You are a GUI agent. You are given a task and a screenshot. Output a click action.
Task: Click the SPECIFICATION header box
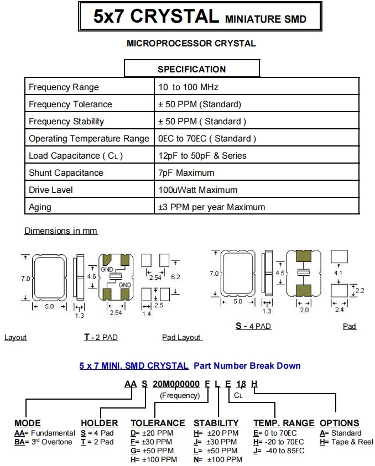191,69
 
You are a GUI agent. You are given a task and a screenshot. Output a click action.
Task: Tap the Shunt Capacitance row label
66,173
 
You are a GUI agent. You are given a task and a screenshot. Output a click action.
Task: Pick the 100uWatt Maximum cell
197,190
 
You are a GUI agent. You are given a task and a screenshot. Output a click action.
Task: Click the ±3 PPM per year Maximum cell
211,207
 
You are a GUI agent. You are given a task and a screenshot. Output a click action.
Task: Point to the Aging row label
40,207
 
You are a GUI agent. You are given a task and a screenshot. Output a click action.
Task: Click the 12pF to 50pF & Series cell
202,156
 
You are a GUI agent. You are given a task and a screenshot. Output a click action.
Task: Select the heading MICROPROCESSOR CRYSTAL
191,43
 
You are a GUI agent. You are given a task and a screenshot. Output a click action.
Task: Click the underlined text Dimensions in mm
61,231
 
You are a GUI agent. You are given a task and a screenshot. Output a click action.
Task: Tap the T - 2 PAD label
101,337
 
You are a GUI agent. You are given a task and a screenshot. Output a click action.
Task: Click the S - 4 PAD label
253,326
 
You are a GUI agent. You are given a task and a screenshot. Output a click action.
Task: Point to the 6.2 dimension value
176,276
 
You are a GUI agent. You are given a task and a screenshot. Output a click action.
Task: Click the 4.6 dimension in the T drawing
92,276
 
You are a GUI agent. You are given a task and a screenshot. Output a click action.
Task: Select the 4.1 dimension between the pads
339,273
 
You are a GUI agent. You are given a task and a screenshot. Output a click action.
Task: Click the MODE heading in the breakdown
28,423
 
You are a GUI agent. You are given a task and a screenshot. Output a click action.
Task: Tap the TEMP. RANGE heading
284,423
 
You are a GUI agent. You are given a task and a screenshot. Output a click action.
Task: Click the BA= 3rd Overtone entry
44,442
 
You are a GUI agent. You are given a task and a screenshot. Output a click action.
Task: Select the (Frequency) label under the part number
180,395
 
